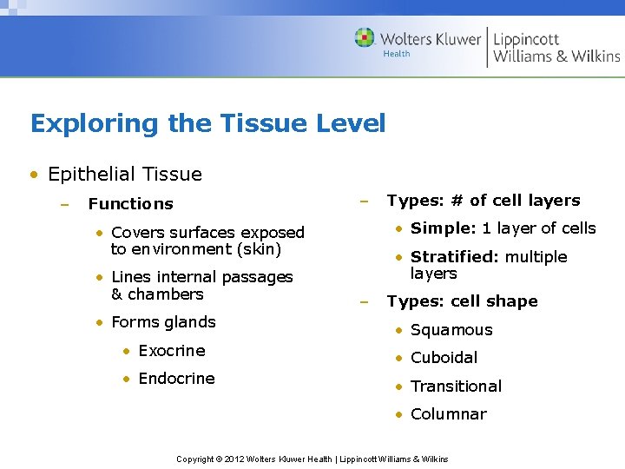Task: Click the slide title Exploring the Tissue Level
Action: pos(207,123)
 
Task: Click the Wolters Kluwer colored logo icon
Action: pos(365,37)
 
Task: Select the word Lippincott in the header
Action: pos(526,39)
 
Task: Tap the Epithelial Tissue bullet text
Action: pos(125,174)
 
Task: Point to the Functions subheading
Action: pos(130,204)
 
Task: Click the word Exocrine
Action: pos(172,351)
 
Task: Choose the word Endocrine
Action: pos(176,379)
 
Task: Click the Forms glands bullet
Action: pos(163,322)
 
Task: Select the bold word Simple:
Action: pos(444,228)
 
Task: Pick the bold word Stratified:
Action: pos(455,257)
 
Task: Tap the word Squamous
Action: pos(451,330)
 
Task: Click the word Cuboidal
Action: pos(444,358)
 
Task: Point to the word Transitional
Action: pos(456,386)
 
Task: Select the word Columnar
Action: pos(448,414)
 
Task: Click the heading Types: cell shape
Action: pos(462,301)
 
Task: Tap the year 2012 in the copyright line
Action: pos(235,459)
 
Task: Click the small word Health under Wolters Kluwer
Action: pos(397,54)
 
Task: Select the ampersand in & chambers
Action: pos(117,294)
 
